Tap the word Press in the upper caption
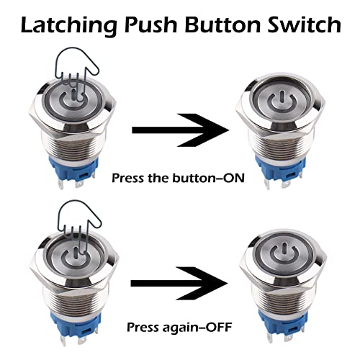click(x=127, y=178)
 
